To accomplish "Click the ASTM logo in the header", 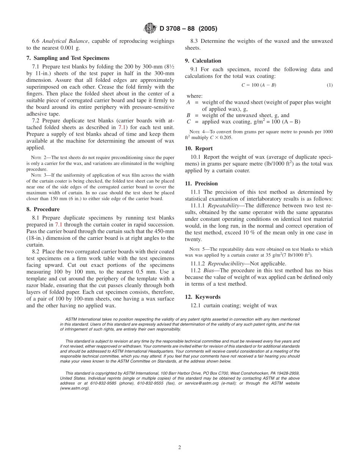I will pyautogui.click(x=151, y=28).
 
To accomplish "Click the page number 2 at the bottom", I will pyautogui.click(x=180, y=447).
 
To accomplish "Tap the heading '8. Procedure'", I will pyautogui.click(x=43, y=209).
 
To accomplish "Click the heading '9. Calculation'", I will pyautogui.click(x=203, y=61).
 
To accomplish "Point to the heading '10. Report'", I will pyautogui.click(x=199, y=149).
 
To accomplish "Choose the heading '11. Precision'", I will pyautogui.click(x=201, y=183).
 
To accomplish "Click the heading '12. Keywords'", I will pyautogui.click(x=202, y=297).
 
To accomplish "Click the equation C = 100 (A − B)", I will pyautogui.click(x=258, y=85).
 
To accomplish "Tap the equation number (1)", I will pyautogui.click(x=330, y=85).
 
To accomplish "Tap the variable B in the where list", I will pyautogui.click(x=188, y=115).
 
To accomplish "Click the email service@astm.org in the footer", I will pyautogui.click(x=203, y=383).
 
